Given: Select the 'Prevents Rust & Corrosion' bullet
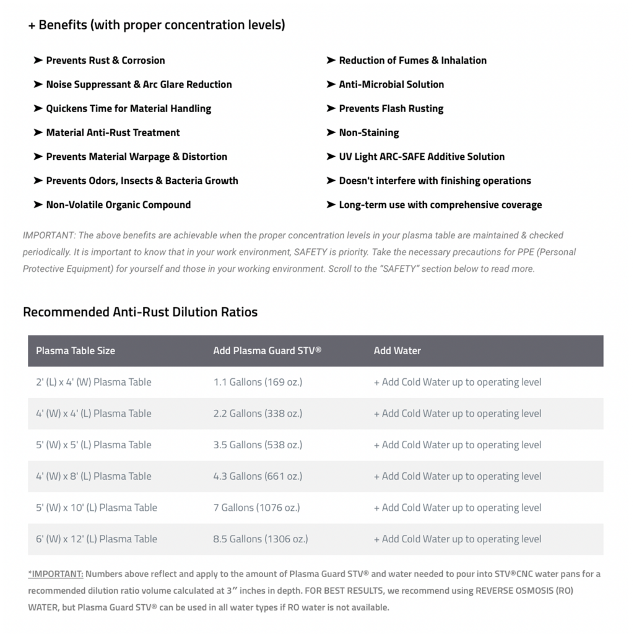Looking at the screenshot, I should (x=105, y=60).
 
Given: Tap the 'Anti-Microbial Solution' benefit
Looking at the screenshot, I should (x=391, y=84).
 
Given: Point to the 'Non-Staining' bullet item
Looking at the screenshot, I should (x=369, y=132).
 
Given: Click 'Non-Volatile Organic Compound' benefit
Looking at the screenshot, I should (x=118, y=204).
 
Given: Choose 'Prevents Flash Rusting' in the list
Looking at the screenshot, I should (x=391, y=108).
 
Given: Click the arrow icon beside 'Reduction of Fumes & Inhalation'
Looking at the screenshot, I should (x=331, y=60).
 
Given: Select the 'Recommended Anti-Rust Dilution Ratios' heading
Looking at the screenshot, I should (x=140, y=311).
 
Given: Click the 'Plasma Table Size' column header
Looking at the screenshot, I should (x=76, y=350).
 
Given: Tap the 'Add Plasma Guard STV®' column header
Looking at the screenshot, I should (x=267, y=350).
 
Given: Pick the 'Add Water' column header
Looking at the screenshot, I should (x=397, y=350).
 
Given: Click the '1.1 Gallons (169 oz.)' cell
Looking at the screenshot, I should (x=258, y=382).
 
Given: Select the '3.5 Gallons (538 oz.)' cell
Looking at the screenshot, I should (x=258, y=445).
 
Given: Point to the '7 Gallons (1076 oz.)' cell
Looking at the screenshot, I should (x=257, y=507).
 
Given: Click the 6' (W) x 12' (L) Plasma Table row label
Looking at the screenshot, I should (x=97, y=539).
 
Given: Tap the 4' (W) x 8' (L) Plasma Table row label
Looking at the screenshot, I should (x=93, y=476).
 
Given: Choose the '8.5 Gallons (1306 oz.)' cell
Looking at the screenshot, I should (x=261, y=539).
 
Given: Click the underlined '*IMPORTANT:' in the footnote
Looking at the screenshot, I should (x=56, y=574).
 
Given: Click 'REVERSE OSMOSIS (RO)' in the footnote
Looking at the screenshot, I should (x=524, y=591).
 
